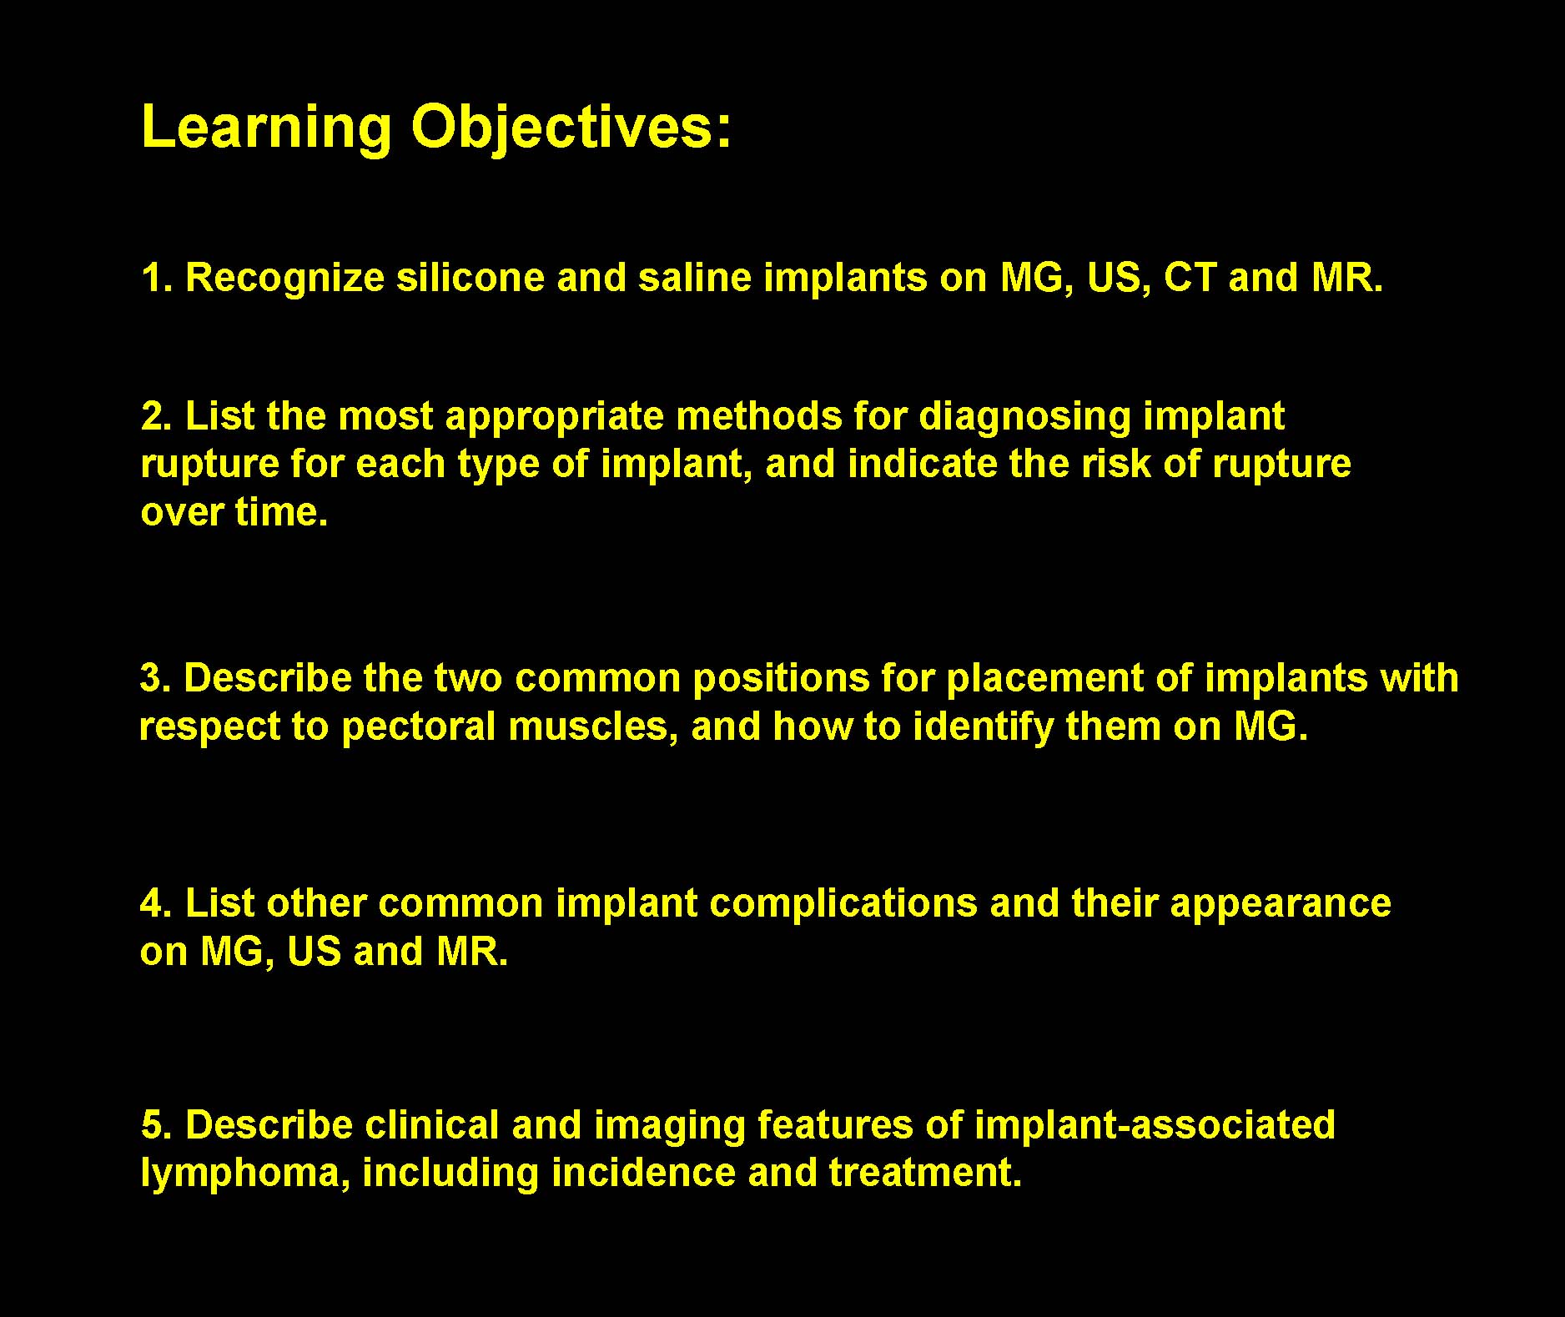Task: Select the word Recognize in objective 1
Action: coord(285,279)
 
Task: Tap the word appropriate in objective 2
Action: coord(555,417)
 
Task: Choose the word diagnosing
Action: coord(1024,417)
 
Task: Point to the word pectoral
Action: coord(419,727)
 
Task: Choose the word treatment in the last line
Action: coord(925,1173)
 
